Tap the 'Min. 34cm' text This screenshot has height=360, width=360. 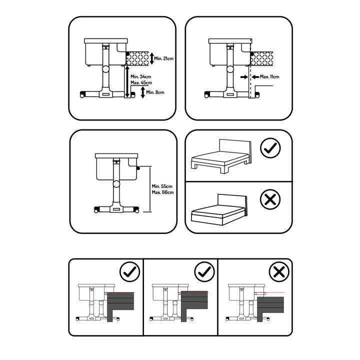click(x=141, y=76)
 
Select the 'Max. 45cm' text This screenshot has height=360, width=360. click(x=141, y=82)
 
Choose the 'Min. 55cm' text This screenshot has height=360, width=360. click(x=162, y=186)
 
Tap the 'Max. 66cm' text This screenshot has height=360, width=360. click(x=162, y=192)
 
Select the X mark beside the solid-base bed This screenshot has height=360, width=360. click(x=270, y=200)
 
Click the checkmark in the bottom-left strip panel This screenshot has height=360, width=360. click(x=129, y=272)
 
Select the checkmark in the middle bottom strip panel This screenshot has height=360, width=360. click(x=203, y=272)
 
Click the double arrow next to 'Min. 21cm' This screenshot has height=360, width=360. click(x=152, y=59)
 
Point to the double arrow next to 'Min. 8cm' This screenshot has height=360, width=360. click(x=143, y=92)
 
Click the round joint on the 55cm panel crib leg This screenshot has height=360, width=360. click(x=116, y=184)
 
